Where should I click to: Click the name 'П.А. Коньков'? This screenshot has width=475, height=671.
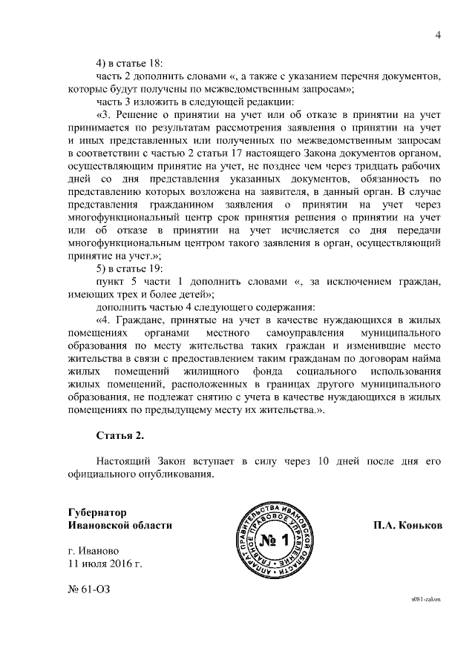click(x=407, y=524)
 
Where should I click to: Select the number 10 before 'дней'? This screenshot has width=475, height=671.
click(x=321, y=460)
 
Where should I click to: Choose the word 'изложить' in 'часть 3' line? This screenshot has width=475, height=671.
click(x=154, y=101)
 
